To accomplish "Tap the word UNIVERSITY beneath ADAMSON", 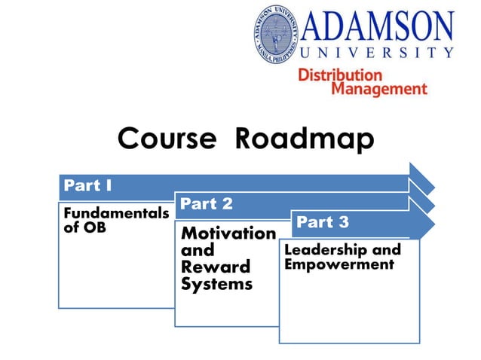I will [377, 53].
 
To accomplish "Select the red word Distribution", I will [340, 75].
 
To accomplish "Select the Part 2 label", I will [206, 204].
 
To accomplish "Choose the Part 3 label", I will [323, 222].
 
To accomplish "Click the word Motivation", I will [228, 233].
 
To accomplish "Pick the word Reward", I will [215, 267].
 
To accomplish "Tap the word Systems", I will [216, 284].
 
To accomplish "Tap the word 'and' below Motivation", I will [198, 250].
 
